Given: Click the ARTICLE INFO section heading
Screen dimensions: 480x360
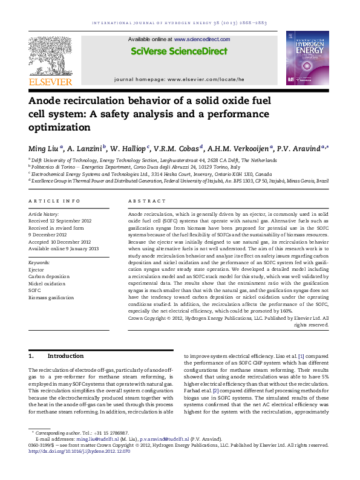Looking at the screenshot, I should pos(54,201).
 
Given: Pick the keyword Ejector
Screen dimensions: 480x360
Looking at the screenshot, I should pos(37,270).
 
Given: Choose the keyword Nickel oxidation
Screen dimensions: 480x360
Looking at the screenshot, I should pos(47,284).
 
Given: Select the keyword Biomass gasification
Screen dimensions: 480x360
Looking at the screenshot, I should pos(51,297).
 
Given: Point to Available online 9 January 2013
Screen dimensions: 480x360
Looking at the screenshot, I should pos(64,248).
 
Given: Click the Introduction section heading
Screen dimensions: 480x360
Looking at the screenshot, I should pos(65,357).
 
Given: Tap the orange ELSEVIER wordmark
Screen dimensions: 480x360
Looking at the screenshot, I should pos(50,82).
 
